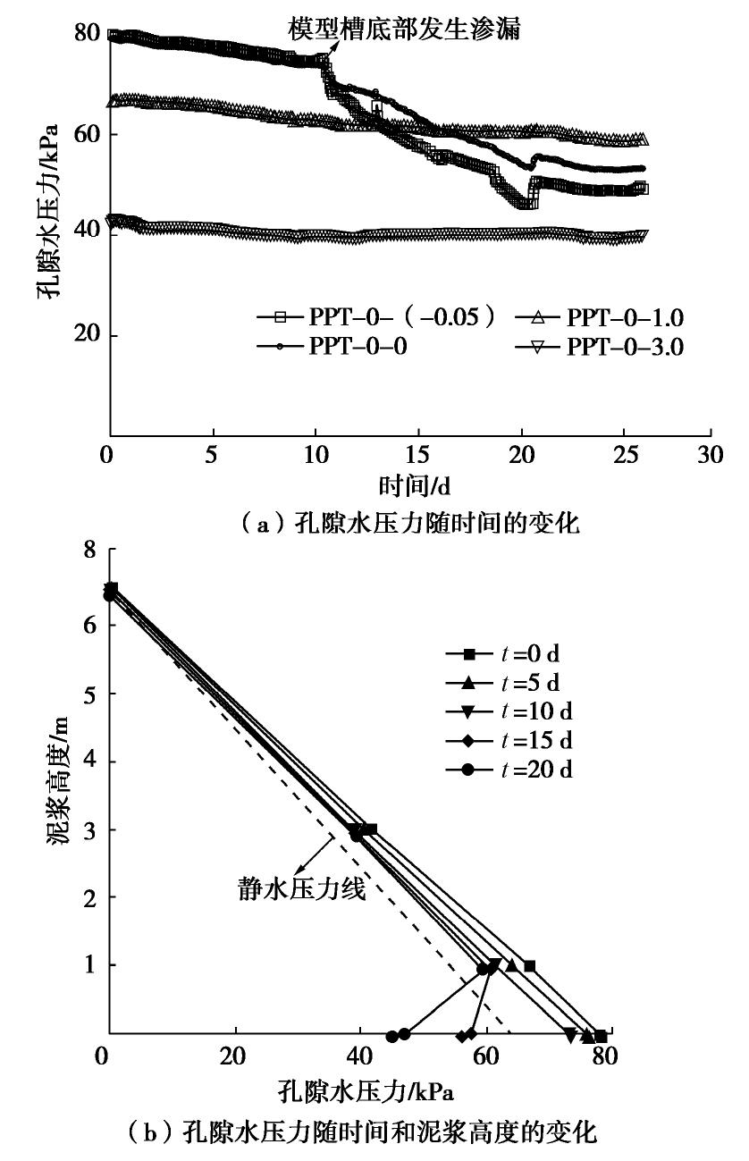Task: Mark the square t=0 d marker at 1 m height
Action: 529,966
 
